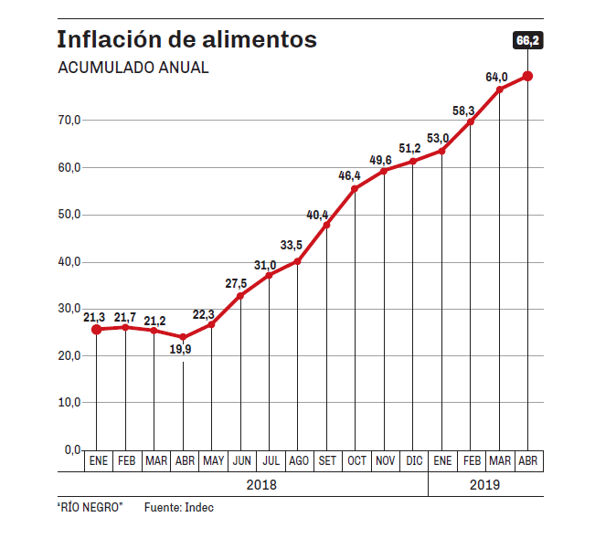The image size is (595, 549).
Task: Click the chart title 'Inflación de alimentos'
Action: coord(186,40)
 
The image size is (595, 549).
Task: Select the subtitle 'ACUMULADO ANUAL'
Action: coord(133,69)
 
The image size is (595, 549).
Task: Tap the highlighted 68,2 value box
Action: coord(527,40)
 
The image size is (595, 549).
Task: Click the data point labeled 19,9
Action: coord(184,337)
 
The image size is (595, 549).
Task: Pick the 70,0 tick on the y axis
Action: coord(70,120)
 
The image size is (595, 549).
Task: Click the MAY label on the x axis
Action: coord(213,461)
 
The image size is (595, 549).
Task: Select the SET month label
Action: coord(327,461)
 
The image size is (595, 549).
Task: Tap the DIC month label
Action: coord(413,461)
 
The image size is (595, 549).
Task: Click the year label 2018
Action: coord(261,485)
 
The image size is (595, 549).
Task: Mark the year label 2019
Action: coord(485,485)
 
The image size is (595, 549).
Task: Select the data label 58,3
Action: coord(463,111)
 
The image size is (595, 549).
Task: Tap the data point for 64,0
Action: coord(499,90)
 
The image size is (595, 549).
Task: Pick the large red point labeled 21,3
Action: coord(97,329)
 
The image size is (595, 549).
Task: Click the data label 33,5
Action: coord(292,246)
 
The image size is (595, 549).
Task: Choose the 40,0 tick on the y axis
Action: coord(70,261)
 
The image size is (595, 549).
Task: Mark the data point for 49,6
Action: coord(384,171)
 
